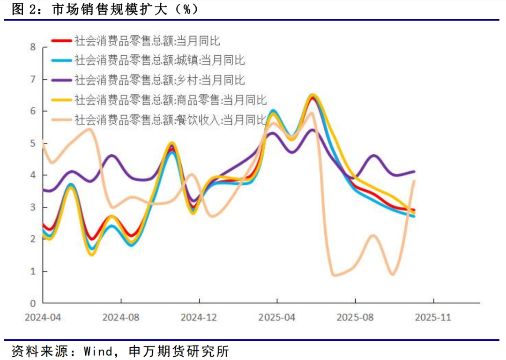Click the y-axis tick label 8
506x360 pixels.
pyautogui.click(x=33, y=47)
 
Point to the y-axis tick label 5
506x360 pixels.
pyautogui.click(x=33, y=143)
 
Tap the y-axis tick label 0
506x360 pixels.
pyautogui.click(x=33, y=303)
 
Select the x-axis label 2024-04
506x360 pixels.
pyautogui.click(x=43, y=317)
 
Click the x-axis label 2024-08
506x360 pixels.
pyautogui.click(x=121, y=317)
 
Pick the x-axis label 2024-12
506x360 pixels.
pyautogui.click(x=199, y=317)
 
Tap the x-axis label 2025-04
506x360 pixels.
pyautogui.click(x=277, y=317)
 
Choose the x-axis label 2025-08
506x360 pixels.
pyautogui.click(x=355, y=317)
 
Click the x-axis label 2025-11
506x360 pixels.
pyautogui.click(x=433, y=317)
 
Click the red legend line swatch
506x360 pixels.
pyautogui.click(x=61, y=41)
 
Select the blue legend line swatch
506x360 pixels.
pyautogui.click(x=61, y=60)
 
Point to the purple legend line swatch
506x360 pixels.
pyautogui.click(x=61, y=80)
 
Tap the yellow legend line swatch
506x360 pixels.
pyautogui.click(x=61, y=100)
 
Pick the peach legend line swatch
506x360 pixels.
pyautogui.click(x=61, y=120)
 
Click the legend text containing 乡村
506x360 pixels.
pyautogui.click(x=159, y=80)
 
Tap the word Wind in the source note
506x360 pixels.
pyautogui.click(x=98, y=351)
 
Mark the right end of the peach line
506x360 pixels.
pyautogui.click(x=414, y=181)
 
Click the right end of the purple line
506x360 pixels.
pyautogui.click(x=414, y=172)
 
